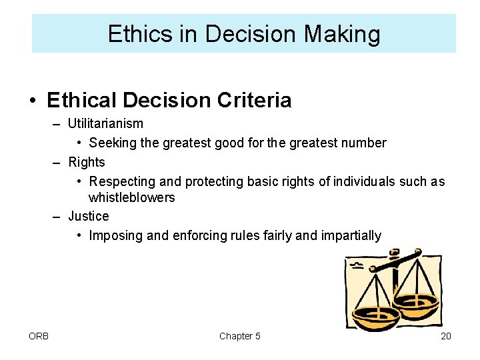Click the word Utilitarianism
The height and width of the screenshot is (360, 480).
[x=105, y=124]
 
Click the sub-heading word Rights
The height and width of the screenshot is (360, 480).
[x=87, y=162]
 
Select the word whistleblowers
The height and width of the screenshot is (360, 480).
[x=131, y=197]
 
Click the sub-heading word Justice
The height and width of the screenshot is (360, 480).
[x=88, y=216]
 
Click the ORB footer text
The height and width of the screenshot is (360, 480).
[x=39, y=336]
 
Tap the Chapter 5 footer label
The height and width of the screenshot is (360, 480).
[x=239, y=336]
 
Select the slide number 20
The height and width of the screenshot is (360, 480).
[x=445, y=336]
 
